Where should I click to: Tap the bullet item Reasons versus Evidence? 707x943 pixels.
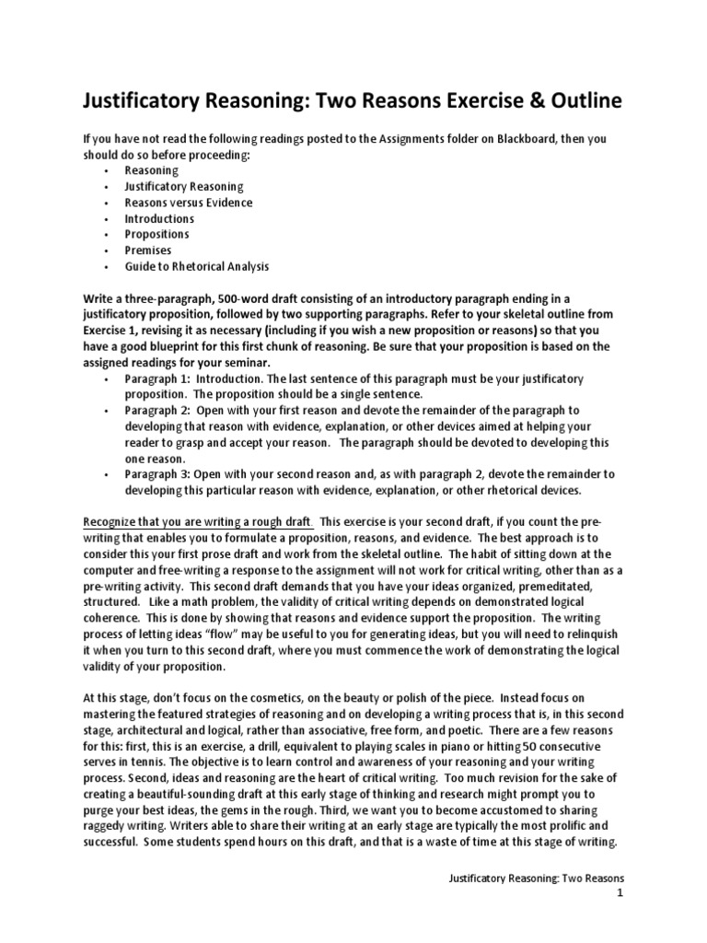(x=189, y=203)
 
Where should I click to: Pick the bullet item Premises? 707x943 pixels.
(x=148, y=250)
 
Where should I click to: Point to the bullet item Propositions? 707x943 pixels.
(x=158, y=235)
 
